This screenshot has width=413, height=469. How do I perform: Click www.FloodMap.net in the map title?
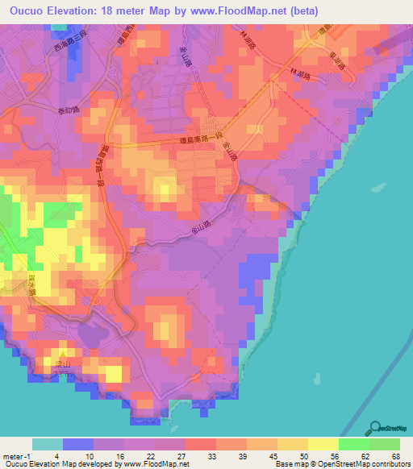(247, 10)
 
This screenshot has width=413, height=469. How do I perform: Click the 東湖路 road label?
(337, 59)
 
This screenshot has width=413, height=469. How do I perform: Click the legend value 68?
(395, 455)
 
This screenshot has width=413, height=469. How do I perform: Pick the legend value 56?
(333, 455)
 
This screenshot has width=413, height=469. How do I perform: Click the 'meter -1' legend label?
(15, 455)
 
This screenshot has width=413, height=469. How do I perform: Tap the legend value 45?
(273, 455)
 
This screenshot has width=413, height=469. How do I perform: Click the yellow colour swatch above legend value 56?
(323, 444)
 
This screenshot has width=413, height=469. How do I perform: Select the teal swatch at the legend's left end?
(48, 444)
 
